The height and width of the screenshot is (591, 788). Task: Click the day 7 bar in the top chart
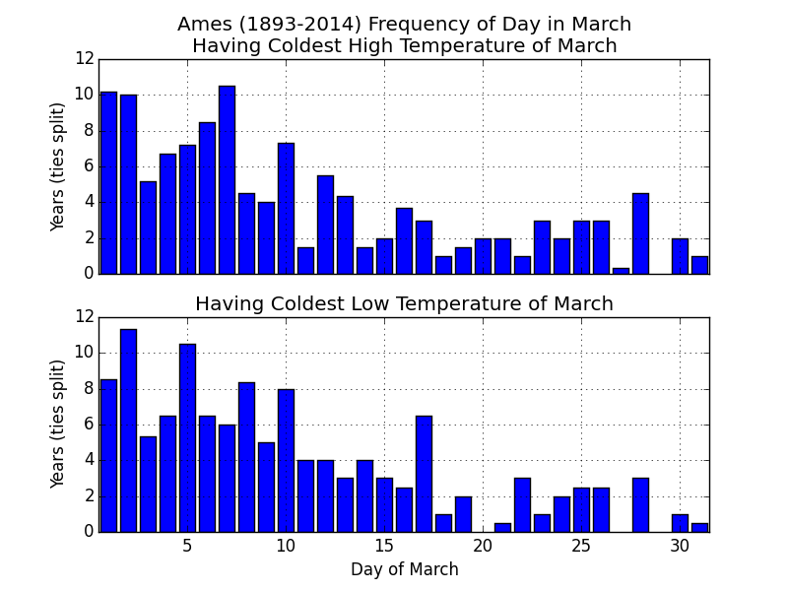click(x=228, y=180)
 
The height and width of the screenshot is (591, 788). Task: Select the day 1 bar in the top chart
click(x=108, y=183)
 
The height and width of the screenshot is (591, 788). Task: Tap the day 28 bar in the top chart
click(x=641, y=233)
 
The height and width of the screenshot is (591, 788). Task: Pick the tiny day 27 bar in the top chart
click(x=622, y=272)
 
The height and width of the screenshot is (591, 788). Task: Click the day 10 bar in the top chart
click(x=286, y=209)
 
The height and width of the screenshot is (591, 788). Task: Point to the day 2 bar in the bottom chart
click(x=129, y=430)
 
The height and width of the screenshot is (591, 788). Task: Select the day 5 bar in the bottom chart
click(x=187, y=438)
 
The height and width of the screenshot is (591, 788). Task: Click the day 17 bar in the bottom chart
click(x=425, y=474)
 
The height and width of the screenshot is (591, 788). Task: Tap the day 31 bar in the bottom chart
click(x=700, y=528)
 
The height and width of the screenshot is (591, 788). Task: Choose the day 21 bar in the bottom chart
click(x=503, y=528)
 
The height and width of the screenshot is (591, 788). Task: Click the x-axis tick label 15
click(x=384, y=546)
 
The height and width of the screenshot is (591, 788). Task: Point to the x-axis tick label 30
click(x=680, y=546)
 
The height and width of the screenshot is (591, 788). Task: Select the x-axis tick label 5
click(x=187, y=546)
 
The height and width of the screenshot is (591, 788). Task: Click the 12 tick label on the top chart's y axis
click(x=85, y=59)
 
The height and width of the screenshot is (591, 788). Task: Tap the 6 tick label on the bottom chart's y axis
click(x=90, y=425)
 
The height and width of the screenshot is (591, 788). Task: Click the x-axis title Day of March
click(x=405, y=569)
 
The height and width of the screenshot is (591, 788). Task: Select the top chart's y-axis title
click(x=57, y=166)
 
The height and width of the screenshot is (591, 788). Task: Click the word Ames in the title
click(x=200, y=24)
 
